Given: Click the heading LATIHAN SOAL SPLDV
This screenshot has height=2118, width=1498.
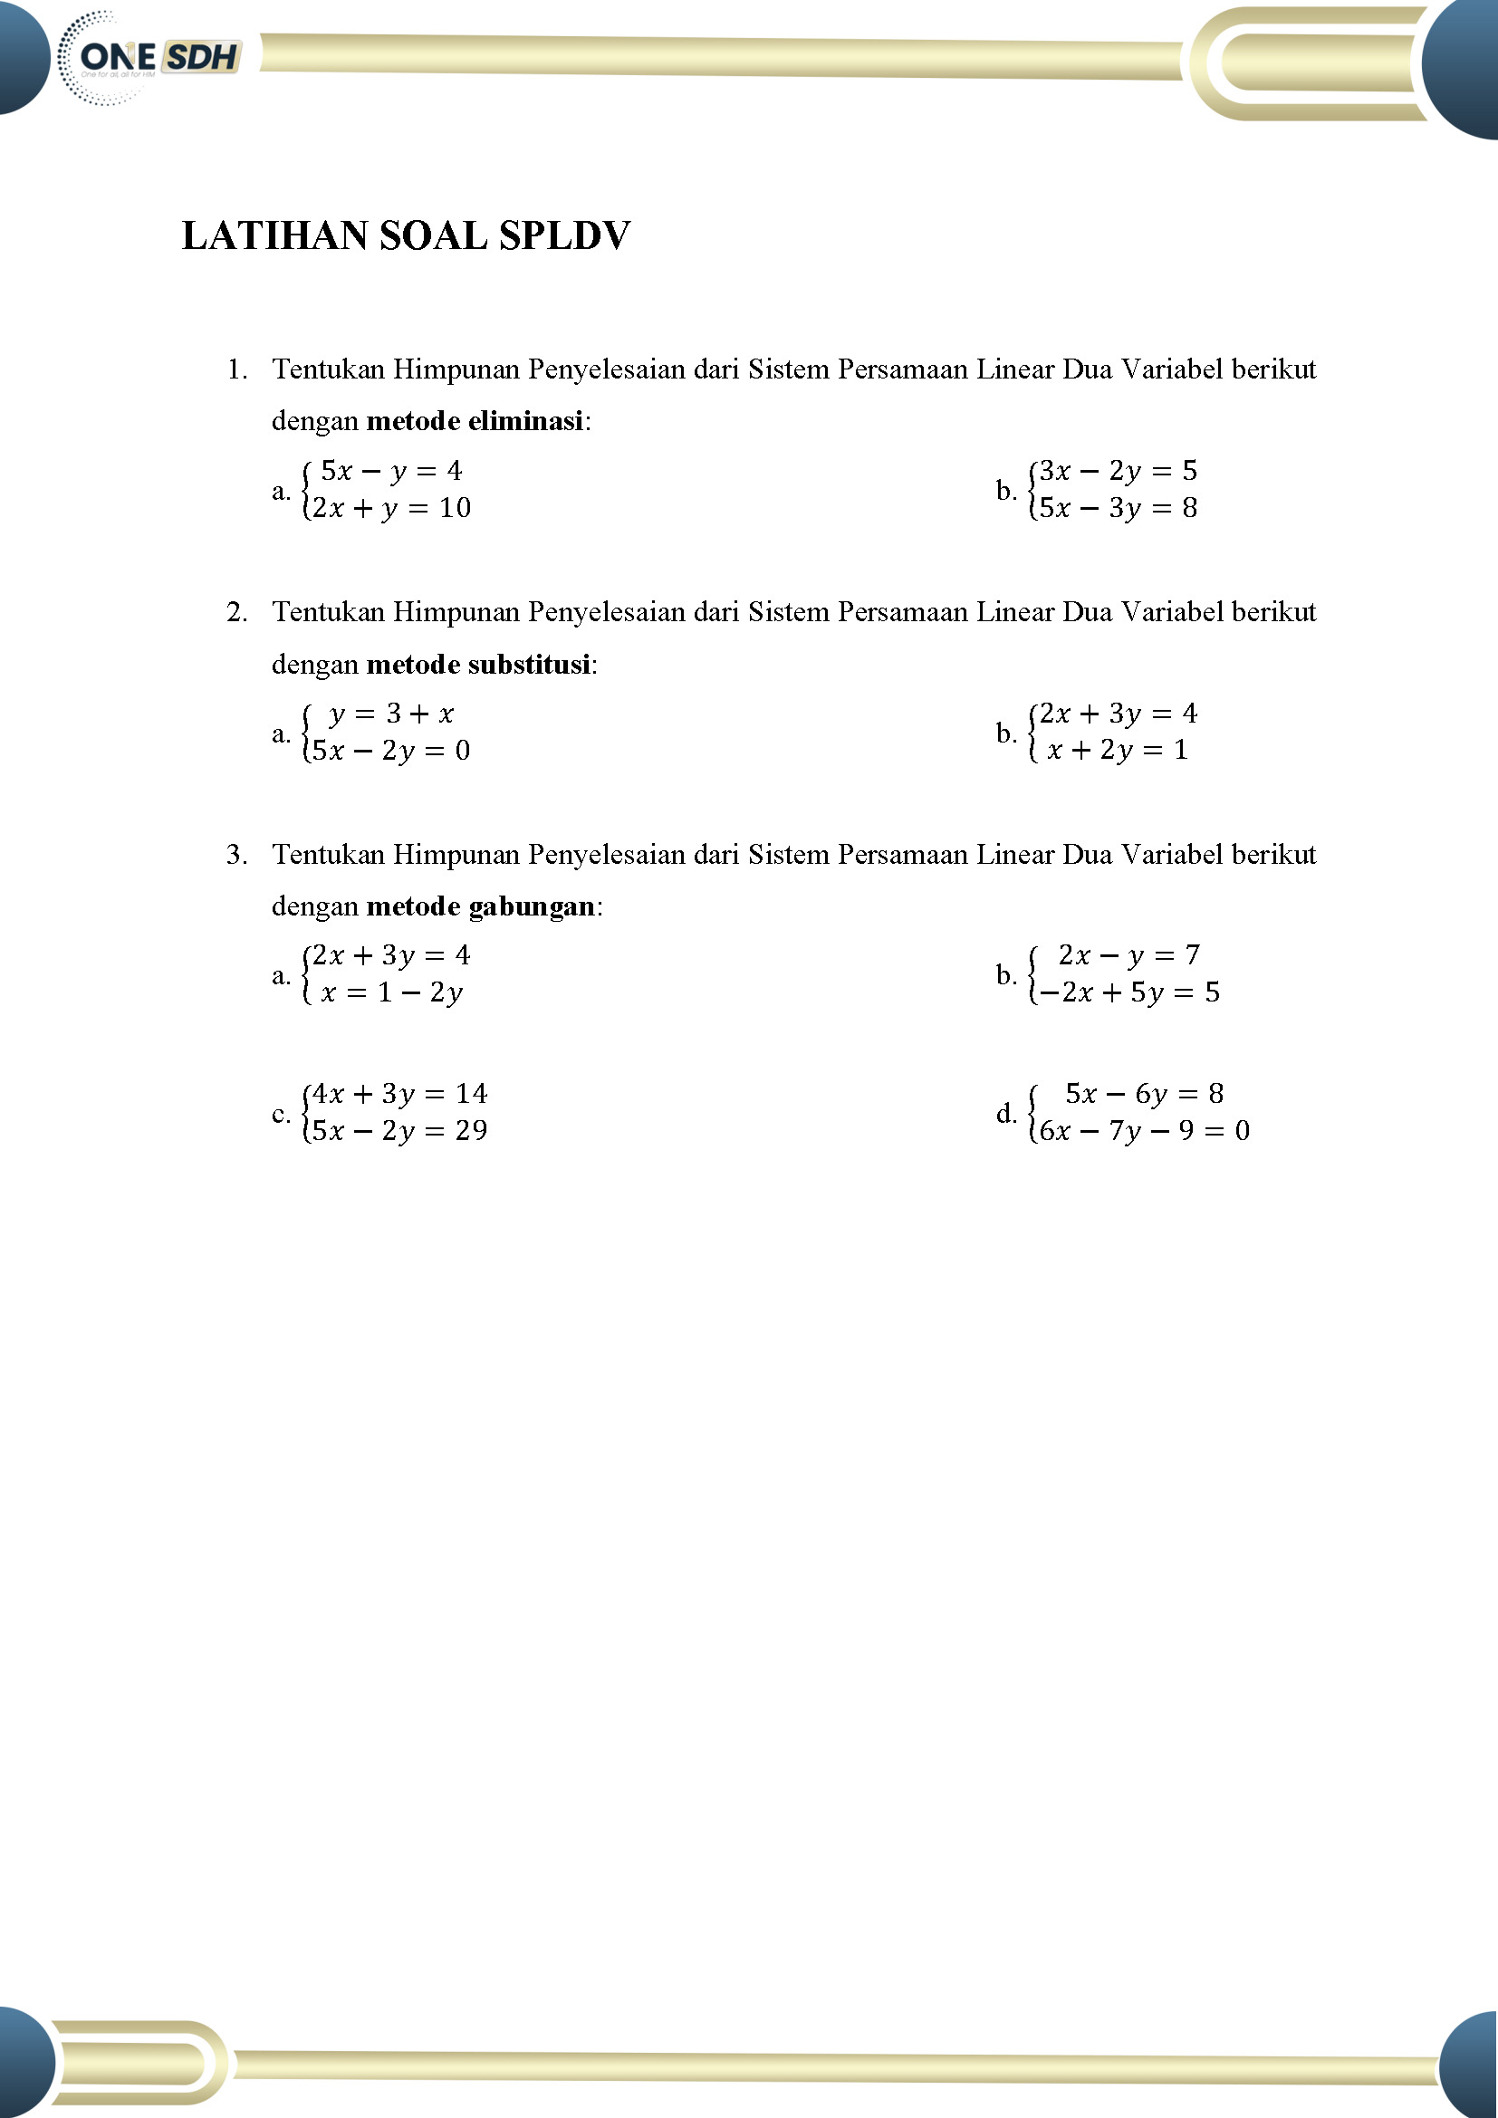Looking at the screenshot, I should coord(406,236).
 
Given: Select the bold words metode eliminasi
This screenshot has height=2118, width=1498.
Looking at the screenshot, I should coord(475,422).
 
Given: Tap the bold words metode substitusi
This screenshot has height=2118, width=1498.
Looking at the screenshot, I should coord(478,664).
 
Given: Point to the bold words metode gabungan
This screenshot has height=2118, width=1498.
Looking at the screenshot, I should coord(481,906).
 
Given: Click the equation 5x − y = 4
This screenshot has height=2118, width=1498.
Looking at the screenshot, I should coord(391,472).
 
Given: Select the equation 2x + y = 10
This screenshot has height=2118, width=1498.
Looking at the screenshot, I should coord(391,508).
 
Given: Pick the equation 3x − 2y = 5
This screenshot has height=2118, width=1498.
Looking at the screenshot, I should coord(1117,472).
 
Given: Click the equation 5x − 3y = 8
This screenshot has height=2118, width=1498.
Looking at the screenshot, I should coord(1117,508).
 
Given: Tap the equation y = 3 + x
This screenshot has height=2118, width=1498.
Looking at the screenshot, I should coord(391,714).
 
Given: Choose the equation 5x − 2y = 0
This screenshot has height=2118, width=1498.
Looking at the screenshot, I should coord(391,751).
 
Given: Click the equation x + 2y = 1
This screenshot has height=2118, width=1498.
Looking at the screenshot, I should coord(1117,751).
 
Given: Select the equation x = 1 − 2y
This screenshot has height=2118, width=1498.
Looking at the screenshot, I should coord(391,993).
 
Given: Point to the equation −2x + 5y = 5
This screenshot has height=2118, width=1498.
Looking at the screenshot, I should coord(1127,993).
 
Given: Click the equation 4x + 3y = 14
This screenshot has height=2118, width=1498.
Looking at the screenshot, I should coord(399,1094).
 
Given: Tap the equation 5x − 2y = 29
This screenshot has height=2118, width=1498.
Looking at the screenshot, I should coord(399,1131).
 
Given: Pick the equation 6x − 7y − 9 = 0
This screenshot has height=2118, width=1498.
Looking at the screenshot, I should coord(1144,1131).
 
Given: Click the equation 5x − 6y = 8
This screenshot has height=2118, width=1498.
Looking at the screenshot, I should coord(1144,1094).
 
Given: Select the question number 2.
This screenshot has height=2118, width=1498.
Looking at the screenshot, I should coord(236,612).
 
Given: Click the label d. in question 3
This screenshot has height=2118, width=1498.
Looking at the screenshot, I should coord(1005,1114).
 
